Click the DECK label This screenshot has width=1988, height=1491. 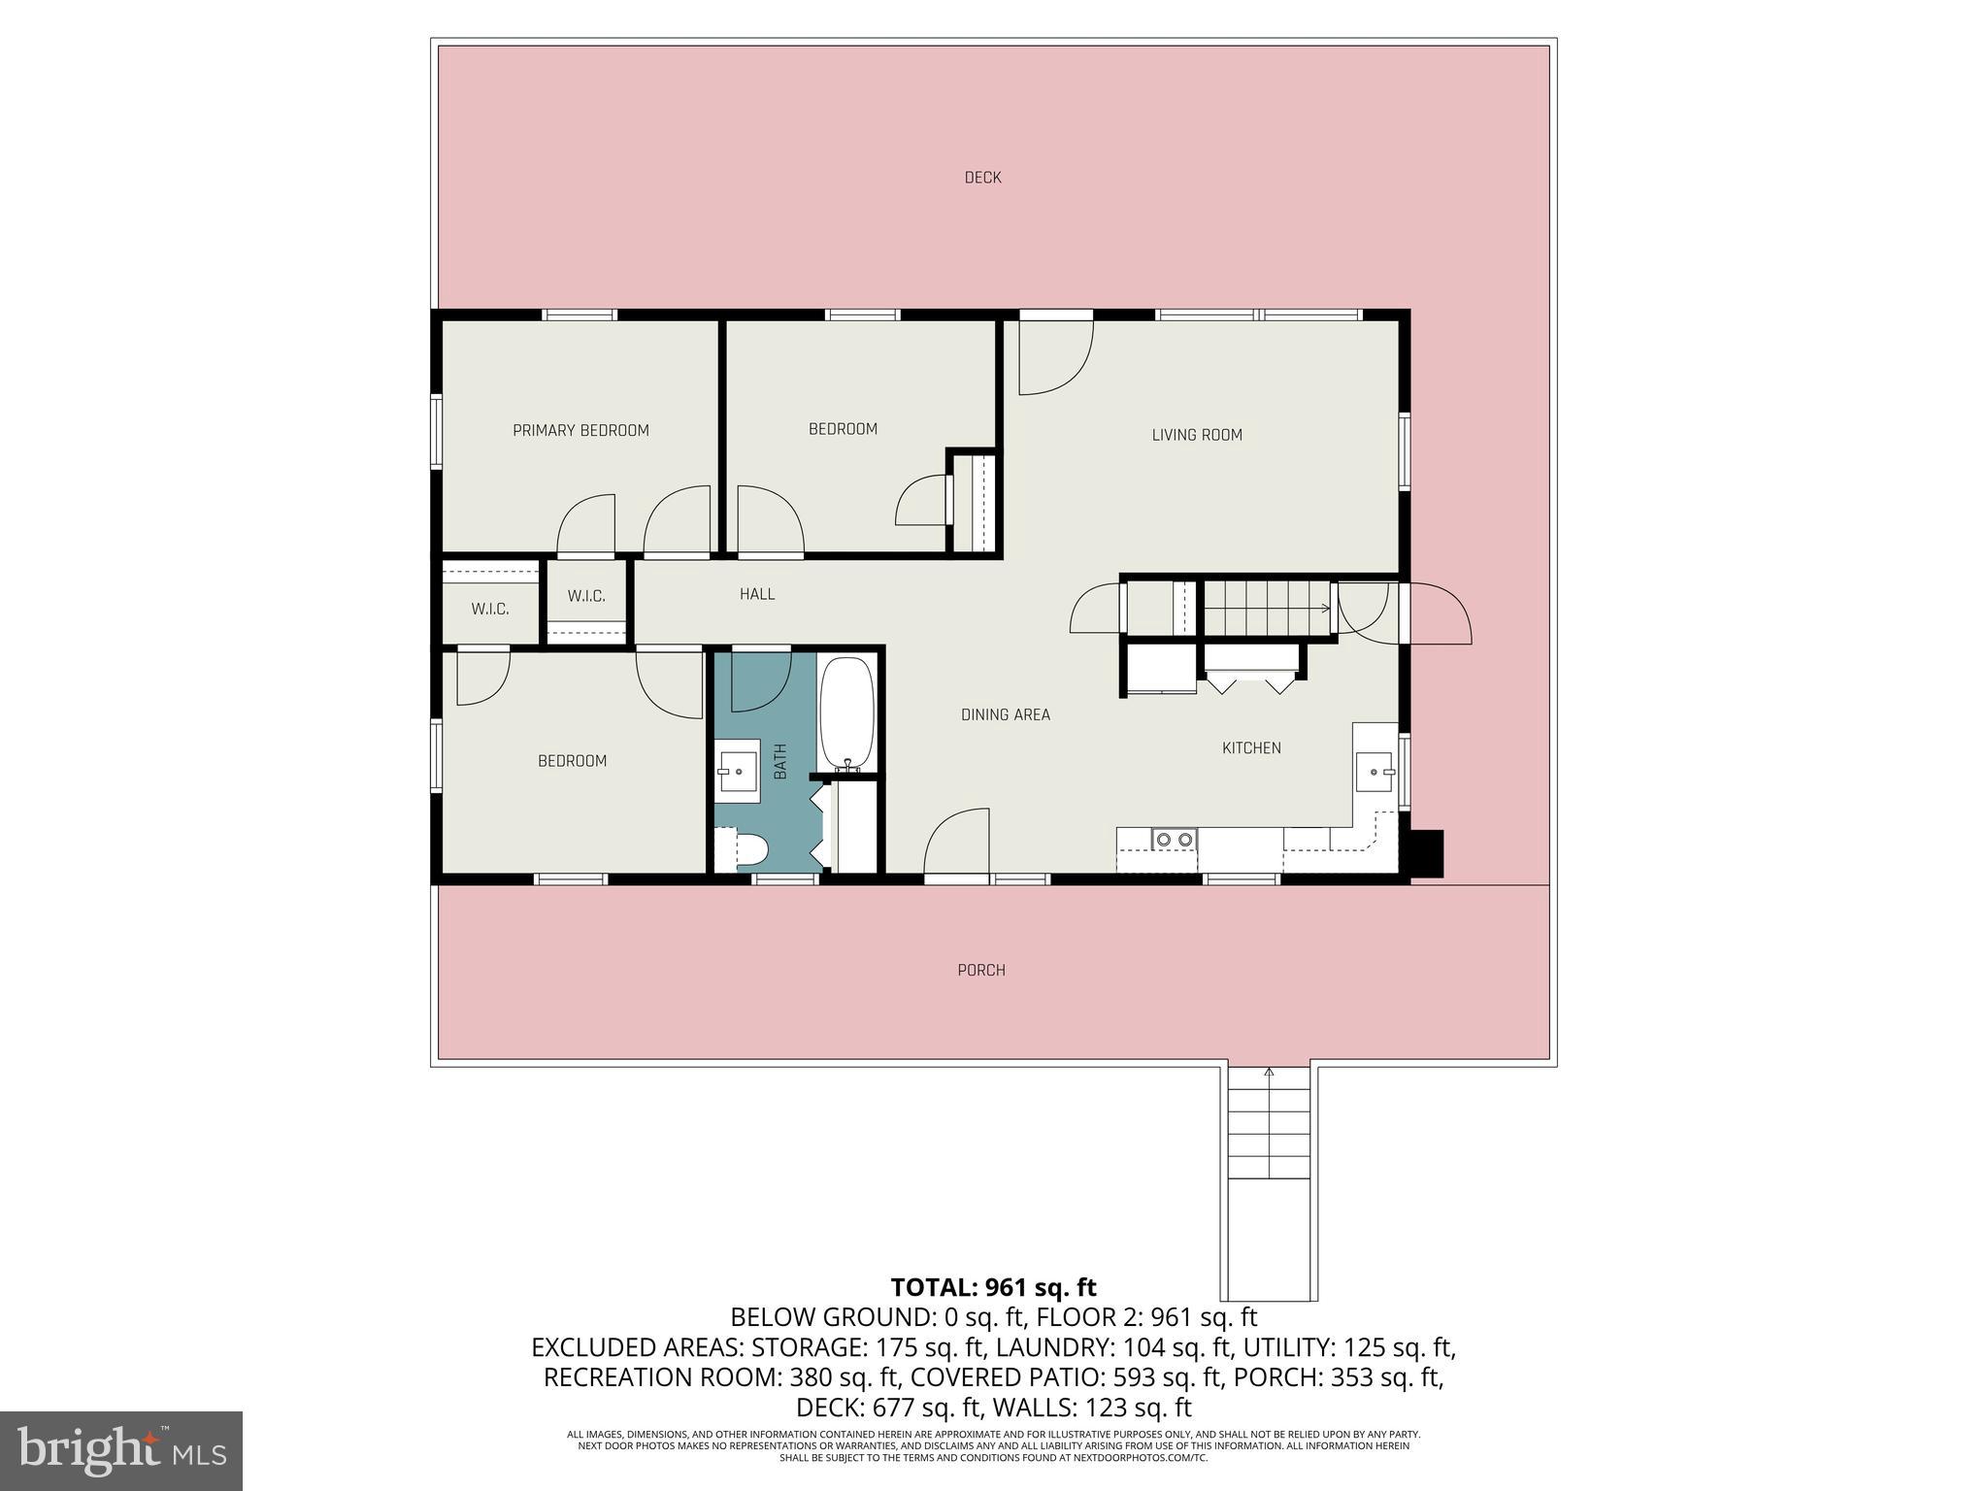(x=982, y=178)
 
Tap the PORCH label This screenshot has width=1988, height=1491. (x=980, y=970)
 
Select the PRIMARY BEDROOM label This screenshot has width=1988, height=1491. (x=580, y=430)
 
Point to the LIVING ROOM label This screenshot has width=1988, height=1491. (x=1196, y=435)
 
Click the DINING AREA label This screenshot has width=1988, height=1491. (x=1005, y=714)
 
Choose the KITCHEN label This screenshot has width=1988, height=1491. (x=1250, y=747)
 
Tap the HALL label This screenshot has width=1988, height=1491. (x=756, y=594)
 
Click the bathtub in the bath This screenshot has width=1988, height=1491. (x=847, y=713)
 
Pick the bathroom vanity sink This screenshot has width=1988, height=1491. (x=738, y=772)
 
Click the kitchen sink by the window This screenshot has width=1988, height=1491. (x=1375, y=772)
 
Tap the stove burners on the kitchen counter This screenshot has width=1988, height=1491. (x=1173, y=839)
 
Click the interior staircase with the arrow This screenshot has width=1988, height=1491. (x=1268, y=609)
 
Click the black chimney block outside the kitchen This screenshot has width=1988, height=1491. (x=1426, y=853)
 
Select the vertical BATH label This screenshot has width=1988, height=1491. (x=779, y=762)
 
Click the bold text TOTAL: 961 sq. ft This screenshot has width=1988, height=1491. (x=993, y=1287)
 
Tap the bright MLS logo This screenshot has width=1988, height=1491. (x=121, y=1450)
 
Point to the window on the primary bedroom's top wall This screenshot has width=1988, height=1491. (x=579, y=315)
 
